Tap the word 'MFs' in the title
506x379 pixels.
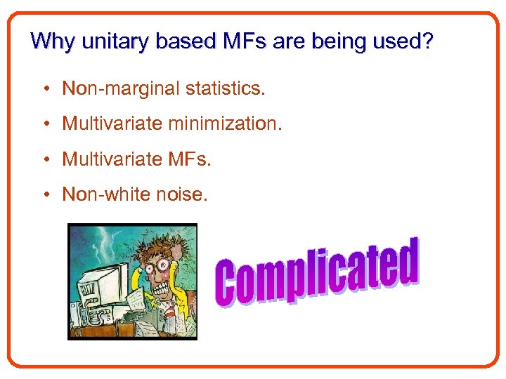(242, 41)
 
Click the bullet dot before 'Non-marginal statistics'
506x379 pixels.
(44, 89)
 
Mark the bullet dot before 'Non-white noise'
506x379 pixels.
(44, 195)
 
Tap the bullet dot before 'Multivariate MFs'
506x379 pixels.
(44, 160)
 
